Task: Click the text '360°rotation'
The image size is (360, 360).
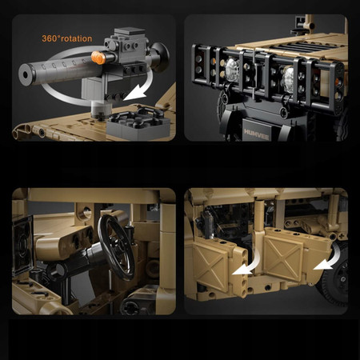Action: coord(67,38)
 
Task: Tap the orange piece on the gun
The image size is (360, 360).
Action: coord(98,58)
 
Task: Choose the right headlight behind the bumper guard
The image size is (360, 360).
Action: coord(288,77)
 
